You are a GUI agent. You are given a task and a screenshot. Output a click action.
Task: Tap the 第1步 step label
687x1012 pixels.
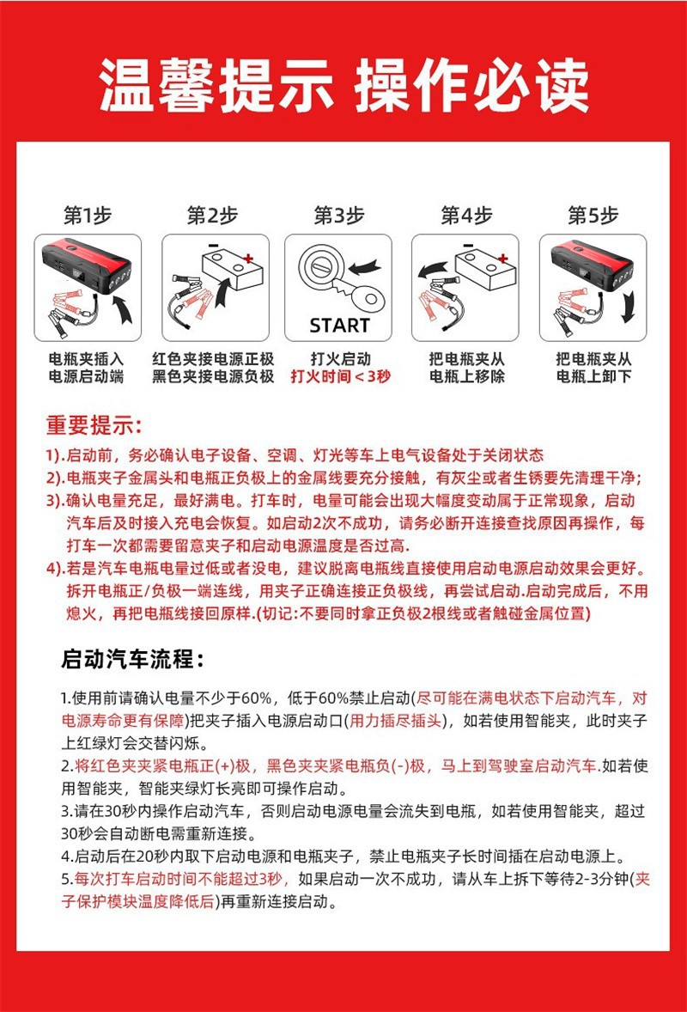pos(87,216)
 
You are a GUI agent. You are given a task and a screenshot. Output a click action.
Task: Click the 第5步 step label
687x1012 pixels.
pos(593,216)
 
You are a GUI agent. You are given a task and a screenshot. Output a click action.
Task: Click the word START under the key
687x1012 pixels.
pos(338,326)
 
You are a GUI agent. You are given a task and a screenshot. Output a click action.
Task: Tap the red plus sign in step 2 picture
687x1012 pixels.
pos(249,259)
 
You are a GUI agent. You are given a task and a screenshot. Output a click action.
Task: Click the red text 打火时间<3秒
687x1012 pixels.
pos(338,376)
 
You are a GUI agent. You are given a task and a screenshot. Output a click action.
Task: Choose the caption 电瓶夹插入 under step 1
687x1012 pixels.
pos(87,358)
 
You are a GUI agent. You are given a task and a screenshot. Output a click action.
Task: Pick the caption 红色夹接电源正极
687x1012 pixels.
pos(213,358)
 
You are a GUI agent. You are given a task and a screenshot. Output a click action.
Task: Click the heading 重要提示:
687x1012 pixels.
pos(94,425)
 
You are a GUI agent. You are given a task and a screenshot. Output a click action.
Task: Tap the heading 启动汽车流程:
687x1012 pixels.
pos(133,660)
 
